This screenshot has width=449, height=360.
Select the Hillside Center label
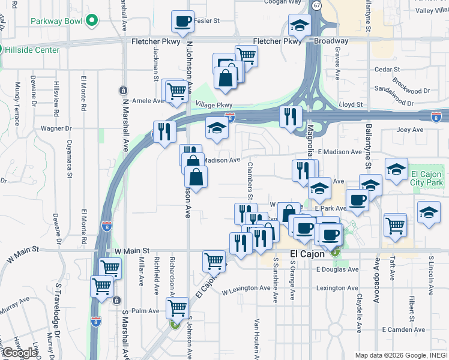(x=32, y=50)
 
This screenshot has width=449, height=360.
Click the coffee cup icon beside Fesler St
(x=182, y=22)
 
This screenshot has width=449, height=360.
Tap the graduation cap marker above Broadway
(x=299, y=26)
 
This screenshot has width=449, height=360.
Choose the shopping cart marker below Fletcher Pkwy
(x=246, y=56)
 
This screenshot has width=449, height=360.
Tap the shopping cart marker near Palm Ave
(x=177, y=308)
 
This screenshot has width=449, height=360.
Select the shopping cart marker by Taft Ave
(x=395, y=226)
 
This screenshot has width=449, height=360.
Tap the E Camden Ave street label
(x=404, y=330)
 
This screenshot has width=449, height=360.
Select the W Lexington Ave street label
(x=246, y=290)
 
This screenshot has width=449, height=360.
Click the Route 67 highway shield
(x=316, y=4)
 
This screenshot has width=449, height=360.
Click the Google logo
(x=20, y=352)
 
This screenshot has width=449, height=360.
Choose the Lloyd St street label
(x=351, y=104)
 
